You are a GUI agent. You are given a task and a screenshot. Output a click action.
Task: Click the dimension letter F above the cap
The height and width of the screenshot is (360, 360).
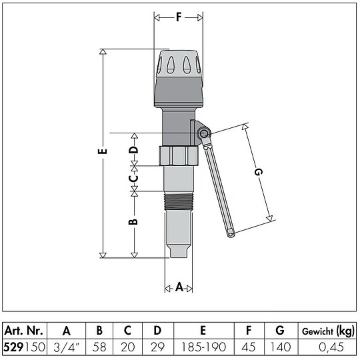click(178, 18)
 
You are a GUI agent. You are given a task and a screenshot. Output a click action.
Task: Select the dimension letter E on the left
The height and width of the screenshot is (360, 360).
click(101, 152)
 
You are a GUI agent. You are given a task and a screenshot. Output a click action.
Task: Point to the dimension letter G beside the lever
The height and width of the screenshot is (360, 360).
click(258, 172)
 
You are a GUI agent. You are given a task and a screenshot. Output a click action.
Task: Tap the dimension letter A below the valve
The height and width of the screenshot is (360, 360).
click(179, 288)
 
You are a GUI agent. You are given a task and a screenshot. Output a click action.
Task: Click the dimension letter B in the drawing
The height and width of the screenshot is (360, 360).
click(133, 223)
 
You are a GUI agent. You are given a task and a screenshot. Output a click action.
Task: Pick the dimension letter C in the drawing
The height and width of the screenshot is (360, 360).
click(133, 178)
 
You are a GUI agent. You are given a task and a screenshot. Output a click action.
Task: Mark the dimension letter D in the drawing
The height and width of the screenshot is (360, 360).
click(133, 150)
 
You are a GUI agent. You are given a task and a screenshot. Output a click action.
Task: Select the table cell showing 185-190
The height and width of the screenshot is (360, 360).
click(203, 346)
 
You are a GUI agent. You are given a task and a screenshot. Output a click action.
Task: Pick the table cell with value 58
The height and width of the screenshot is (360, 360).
click(99, 346)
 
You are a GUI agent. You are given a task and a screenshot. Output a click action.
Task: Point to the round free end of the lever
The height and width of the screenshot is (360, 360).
click(231, 233)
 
